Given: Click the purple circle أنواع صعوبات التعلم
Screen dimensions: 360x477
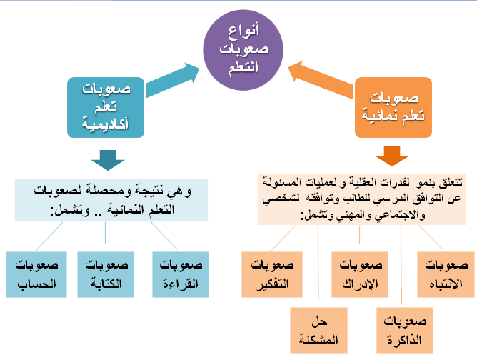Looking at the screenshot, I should [246, 47].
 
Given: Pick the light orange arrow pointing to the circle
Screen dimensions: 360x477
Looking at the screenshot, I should [321, 77].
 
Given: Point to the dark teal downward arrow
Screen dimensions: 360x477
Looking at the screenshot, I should [108, 159].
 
